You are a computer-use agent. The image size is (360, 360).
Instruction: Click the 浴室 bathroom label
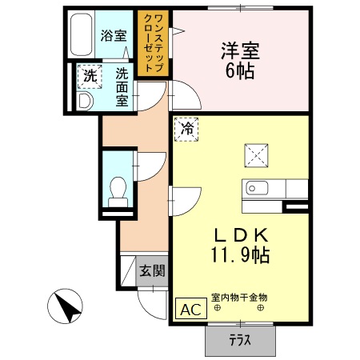(x=114, y=35)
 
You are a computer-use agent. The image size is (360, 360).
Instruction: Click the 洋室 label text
(x=239, y=50)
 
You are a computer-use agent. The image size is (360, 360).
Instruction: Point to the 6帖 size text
(x=239, y=73)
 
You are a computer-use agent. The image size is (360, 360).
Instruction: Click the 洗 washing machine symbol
(x=89, y=77)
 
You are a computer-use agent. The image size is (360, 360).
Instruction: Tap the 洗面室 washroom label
(x=122, y=87)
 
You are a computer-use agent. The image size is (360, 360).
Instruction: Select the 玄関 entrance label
(x=152, y=271)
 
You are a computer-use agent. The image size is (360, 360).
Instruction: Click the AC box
(x=190, y=310)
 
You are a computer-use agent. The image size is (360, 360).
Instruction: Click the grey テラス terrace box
(x=239, y=340)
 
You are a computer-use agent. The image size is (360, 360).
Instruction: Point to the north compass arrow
(x=67, y=307)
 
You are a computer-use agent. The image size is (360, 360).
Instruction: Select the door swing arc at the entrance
(x=149, y=300)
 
